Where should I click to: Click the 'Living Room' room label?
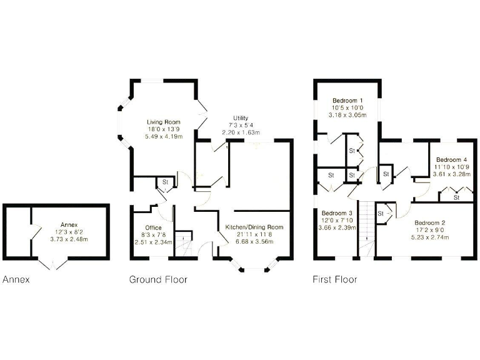pos(163,122)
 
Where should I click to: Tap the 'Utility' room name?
pos(240,118)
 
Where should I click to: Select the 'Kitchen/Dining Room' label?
pos(254,226)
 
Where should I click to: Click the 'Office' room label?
pos(153,227)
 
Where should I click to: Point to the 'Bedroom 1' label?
pos(347,101)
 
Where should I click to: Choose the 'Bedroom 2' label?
pos(429,223)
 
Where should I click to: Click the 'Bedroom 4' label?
pos(451,160)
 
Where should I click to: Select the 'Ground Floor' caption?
pos(157,279)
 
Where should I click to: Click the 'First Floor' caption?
pos(335,279)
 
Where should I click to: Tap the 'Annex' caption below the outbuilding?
pos(16,279)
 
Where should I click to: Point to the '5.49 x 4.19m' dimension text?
pos(163,137)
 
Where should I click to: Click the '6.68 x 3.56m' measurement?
pos(254,241)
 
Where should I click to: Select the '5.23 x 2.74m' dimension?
pos(429,238)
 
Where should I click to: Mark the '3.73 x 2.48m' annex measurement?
pos(69,239)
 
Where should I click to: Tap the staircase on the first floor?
pos(365,228)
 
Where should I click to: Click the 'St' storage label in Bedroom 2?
pos(380,214)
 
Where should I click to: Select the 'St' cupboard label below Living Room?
pos(166,182)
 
